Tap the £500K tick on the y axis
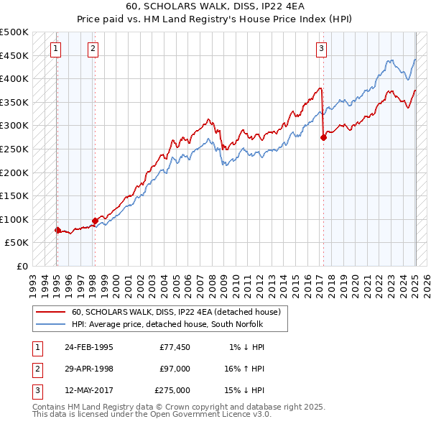pos(15,32)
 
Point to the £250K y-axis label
pos(15,149)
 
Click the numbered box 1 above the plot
pos(56,49)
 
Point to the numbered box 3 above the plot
pos(321,49)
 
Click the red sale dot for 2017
pos(323,137)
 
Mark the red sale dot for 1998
pos(95,221)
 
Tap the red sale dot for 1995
pos(57,230)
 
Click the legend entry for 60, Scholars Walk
pos(180,312)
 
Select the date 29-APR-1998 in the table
pos(89,368)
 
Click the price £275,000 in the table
pos(172,390)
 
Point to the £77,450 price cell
pos(175,346)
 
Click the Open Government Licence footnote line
pos(152,415)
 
